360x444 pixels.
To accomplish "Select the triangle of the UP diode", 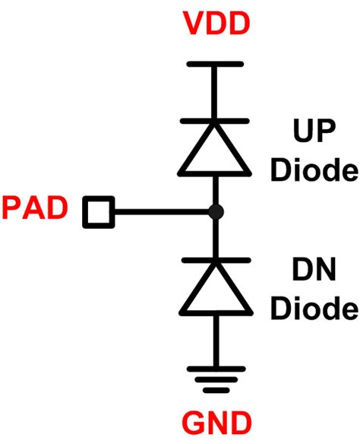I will tap(216, 153).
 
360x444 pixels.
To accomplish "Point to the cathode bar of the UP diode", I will tap(216, 120).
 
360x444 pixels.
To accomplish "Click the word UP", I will tap(313, 138).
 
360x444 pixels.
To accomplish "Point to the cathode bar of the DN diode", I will tap(216, 258).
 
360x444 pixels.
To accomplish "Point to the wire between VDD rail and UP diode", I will tap(216, 92).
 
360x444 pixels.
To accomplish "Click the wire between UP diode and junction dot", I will tap(216, 190).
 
